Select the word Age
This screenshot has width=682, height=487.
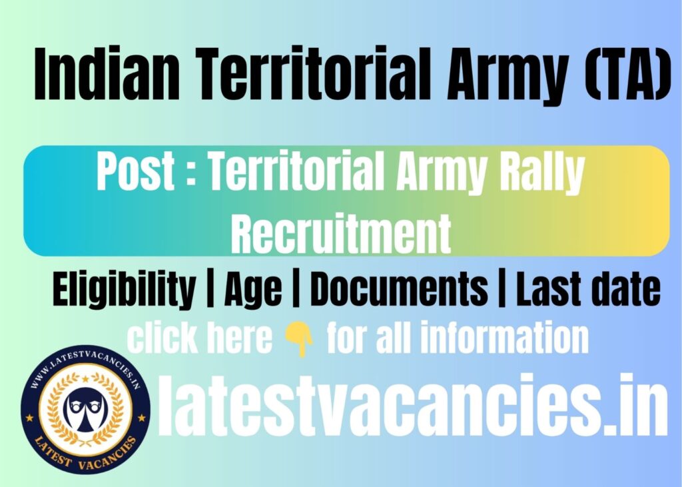[252, 291]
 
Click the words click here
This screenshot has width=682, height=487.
[200, 338]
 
